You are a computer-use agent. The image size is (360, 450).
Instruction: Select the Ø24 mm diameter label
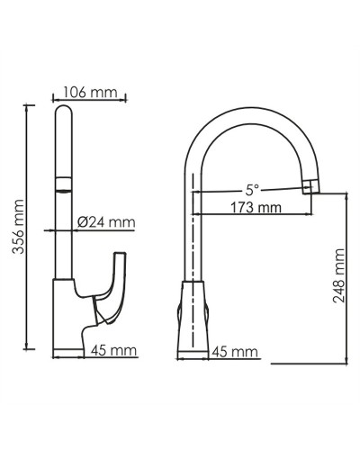(x=105, y=221)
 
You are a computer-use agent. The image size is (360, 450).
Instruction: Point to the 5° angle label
(x=252, y=190)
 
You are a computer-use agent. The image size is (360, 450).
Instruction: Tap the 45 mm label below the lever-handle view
(x=115, y=350)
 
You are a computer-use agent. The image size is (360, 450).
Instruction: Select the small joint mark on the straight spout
(x=62, y=186)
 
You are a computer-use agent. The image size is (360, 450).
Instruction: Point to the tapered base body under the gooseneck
(x=194, y=315)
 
